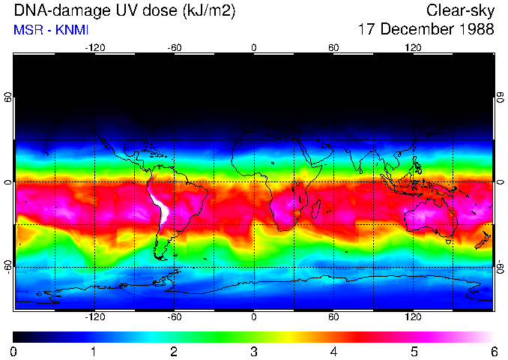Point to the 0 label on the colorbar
(14, 351)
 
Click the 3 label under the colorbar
(253, 351)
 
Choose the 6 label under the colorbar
(493, 351)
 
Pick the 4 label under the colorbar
(333, 351)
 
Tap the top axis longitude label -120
(94, 47)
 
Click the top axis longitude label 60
(333, 47)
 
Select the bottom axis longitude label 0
(254, 316)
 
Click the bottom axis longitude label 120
(413, 316)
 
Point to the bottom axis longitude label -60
(174, 316)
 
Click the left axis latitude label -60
(8, 266)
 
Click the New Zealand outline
(483, 240)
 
